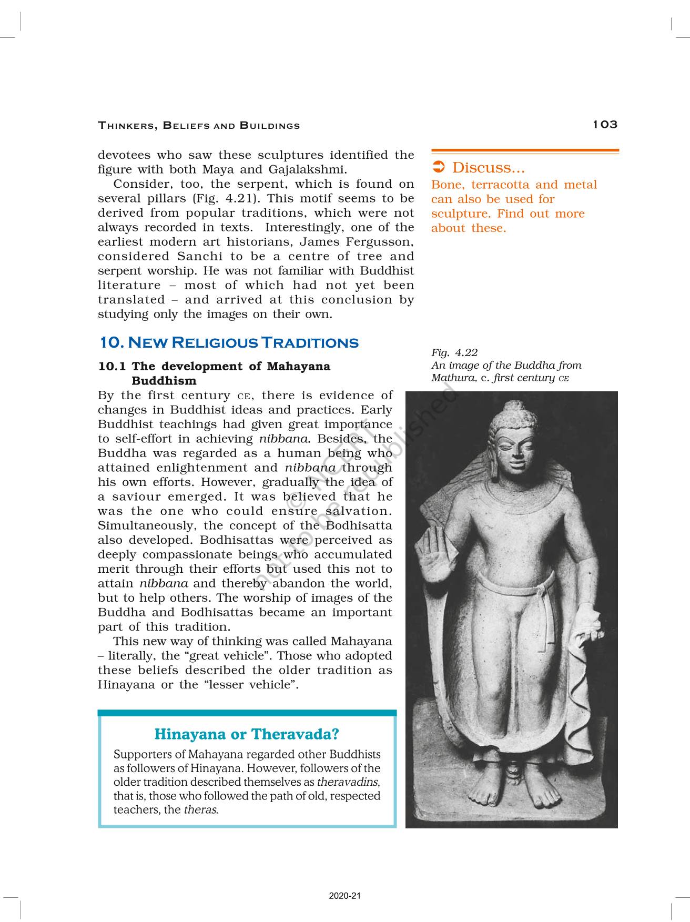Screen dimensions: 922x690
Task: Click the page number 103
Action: pyautogui.click(x=604, y=125)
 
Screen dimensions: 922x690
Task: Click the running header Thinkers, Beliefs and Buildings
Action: pyautogui.click(x=199, y=126)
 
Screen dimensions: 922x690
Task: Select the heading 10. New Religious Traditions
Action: pyautogui.click(x=229, y=342)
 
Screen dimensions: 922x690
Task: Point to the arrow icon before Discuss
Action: pyautogui.click(x=438, y=168)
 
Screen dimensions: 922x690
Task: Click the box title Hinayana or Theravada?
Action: pyautogui.click(x=247, y=734)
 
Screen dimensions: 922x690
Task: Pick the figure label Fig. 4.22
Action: pyautogui.click(x=454, y=352)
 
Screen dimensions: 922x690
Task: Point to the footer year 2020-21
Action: pyautogui.click(x=345, y=896)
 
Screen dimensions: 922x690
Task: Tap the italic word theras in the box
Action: pyautogui.click(x=200, y=810)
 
